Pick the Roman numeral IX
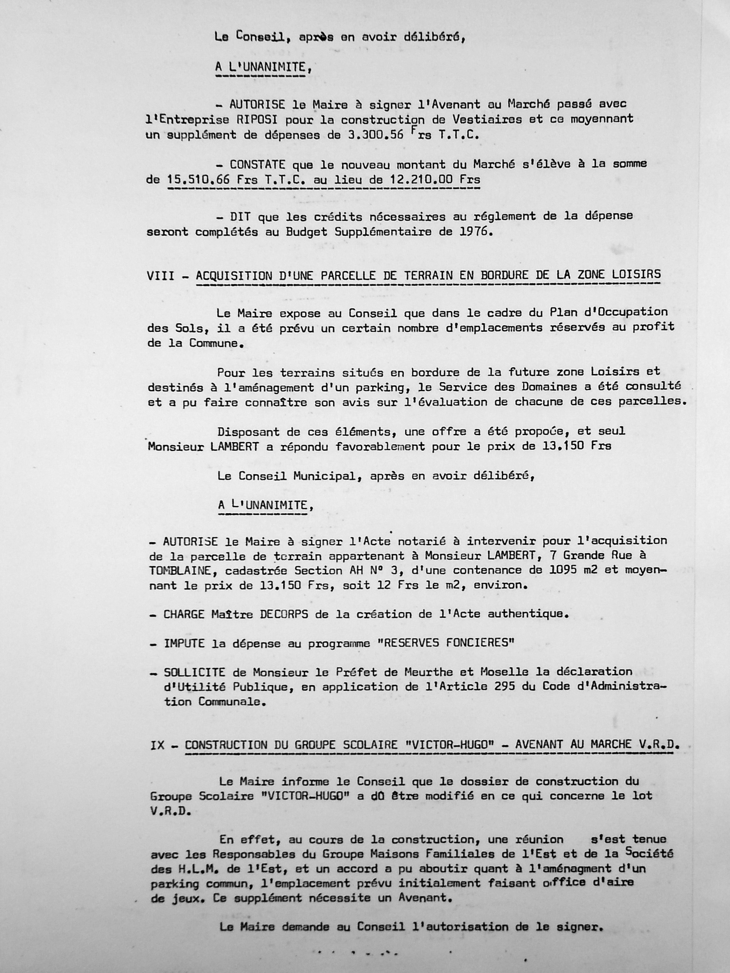click(x=157, y=745)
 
